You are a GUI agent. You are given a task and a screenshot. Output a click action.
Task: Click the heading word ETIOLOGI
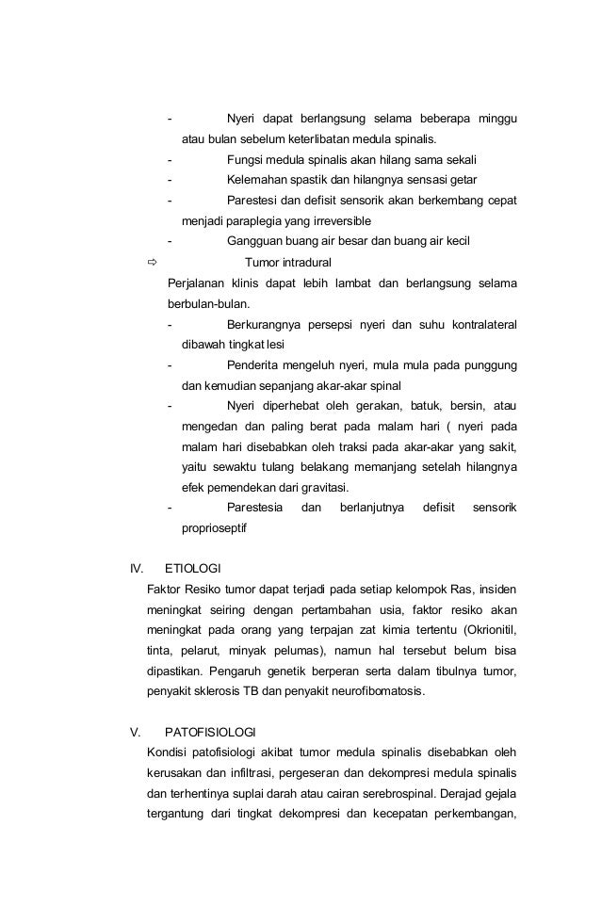coord(192,569)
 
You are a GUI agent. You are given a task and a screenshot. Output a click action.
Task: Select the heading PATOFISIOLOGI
coord(209,732)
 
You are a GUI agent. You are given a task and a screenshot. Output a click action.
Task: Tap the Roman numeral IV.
coord(136,569)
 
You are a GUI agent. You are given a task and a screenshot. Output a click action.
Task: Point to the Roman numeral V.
coord(134,732)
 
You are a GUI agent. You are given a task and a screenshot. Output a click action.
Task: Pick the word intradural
coord(305,262)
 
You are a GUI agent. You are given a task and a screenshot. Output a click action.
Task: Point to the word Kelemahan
coord(260,179)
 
